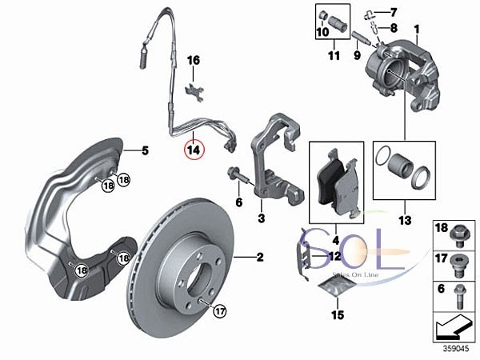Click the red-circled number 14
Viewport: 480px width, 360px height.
tap(193, 148)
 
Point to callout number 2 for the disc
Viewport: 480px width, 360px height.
tap(260, 257)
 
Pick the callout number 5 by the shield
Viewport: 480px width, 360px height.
tap(146, 150)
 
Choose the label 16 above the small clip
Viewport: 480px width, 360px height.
tap(193, 60)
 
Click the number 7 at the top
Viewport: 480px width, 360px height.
tap(393, 12)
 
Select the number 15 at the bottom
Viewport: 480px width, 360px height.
tap(338, 314)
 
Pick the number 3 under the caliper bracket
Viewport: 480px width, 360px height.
tap(261, 217)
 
